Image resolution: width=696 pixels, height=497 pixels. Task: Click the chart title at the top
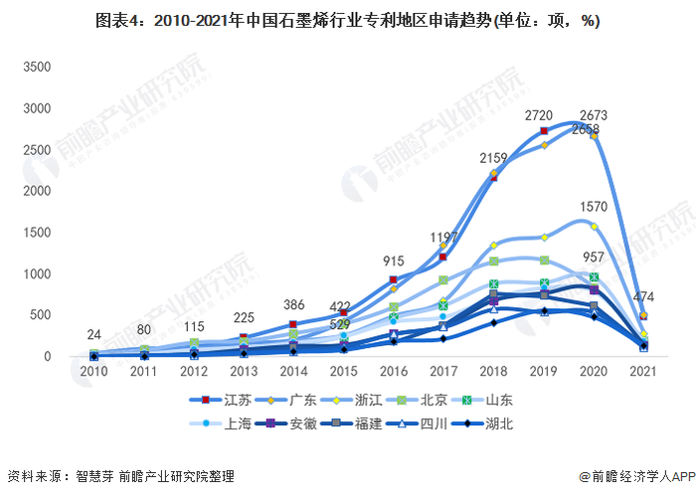[347, 21]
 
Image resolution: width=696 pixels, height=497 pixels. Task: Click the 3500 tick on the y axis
[37, 67]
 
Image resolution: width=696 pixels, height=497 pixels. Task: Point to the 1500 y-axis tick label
[37, 232]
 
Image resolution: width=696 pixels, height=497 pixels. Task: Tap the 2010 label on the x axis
[94, 372]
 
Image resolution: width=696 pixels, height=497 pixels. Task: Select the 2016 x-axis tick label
[394, 372]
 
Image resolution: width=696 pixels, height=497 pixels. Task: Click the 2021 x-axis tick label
[643, 372]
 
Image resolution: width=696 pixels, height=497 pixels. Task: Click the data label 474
[644, 297]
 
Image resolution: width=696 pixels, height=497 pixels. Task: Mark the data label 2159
[494, 158]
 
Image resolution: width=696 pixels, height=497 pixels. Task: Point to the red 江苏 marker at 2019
[544, 131]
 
